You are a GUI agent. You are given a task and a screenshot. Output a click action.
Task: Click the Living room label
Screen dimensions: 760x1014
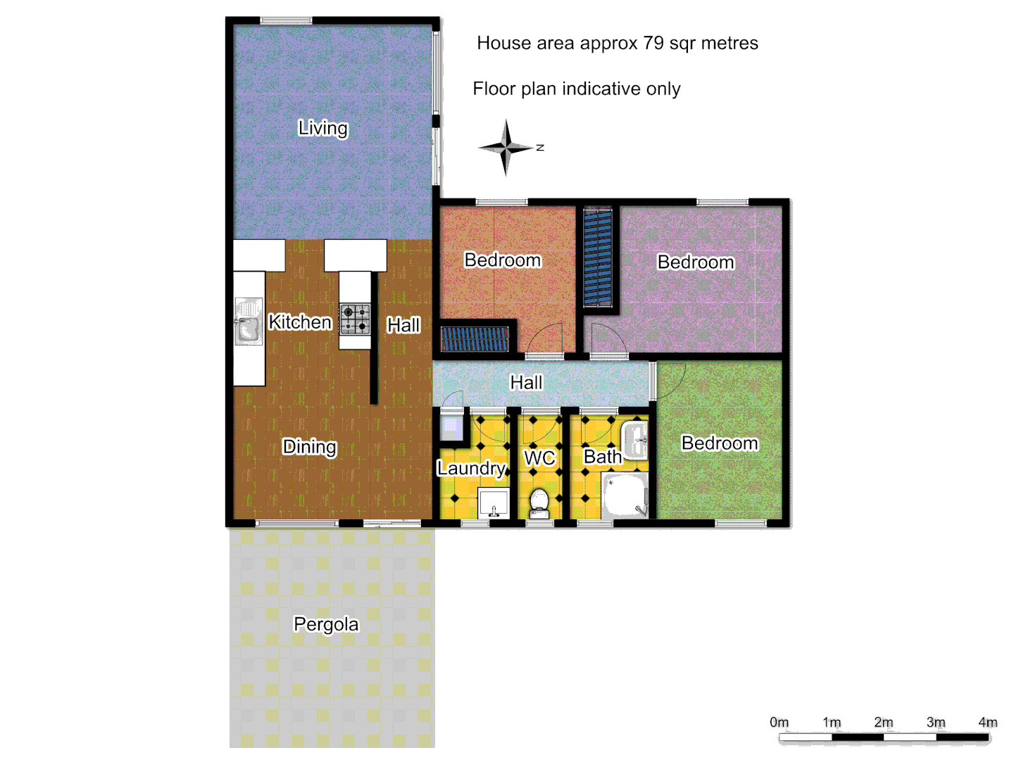pos(323,128)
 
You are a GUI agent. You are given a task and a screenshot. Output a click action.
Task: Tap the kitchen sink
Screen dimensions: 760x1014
pos(247,322)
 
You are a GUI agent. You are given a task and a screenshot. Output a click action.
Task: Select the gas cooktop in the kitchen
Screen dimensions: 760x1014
pos(355,319)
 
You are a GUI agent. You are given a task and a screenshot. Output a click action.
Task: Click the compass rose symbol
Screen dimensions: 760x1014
pos(506,148)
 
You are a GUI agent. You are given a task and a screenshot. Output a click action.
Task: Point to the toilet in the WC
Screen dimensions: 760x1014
pos(539,502)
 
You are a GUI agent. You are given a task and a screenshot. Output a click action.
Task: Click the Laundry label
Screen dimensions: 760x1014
pos(471,468)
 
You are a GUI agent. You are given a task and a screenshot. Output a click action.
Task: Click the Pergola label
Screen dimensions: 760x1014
pos(326,624)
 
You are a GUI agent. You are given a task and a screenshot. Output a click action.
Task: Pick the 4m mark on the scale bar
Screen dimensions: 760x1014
pos(988,723)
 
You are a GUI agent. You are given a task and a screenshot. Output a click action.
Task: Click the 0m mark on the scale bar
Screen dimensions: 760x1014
pos(780,723)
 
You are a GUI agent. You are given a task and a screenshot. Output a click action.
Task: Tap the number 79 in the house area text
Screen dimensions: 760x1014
pos(653,43)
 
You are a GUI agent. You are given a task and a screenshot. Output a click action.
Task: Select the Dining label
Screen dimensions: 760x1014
pos(309,447)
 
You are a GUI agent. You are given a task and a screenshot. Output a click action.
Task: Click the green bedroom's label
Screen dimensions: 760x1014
pos(720,443)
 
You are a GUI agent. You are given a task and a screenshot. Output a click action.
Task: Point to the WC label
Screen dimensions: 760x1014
pos(539,458)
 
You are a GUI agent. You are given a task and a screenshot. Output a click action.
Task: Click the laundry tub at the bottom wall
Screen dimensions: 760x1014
pos(494,504)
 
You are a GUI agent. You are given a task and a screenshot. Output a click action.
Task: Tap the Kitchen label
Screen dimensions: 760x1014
pos(300,322)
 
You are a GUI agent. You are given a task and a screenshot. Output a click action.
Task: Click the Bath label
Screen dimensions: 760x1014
pos(603,457)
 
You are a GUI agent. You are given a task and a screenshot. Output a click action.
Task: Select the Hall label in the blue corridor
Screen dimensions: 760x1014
pos(526,382)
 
